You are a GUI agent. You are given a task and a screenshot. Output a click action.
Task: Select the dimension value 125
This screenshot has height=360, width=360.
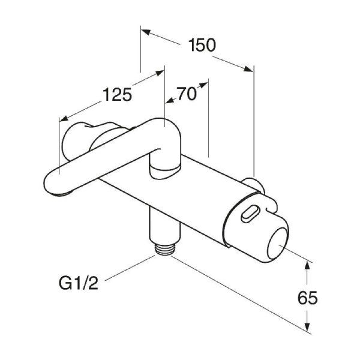click(117, 95)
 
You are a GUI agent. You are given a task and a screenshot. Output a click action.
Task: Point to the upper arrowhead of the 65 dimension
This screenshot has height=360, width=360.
click(308, 265)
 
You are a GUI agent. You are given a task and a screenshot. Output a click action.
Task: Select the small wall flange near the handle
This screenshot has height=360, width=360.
click(252, 183)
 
